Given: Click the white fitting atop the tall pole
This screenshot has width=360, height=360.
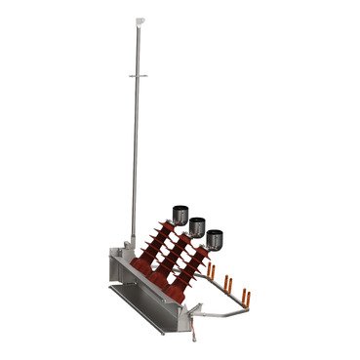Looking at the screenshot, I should click(x=141, y=17).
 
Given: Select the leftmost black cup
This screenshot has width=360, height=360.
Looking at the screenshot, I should click(x=180, y=213).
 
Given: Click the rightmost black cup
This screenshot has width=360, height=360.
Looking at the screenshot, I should click(x=215, y=236).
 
